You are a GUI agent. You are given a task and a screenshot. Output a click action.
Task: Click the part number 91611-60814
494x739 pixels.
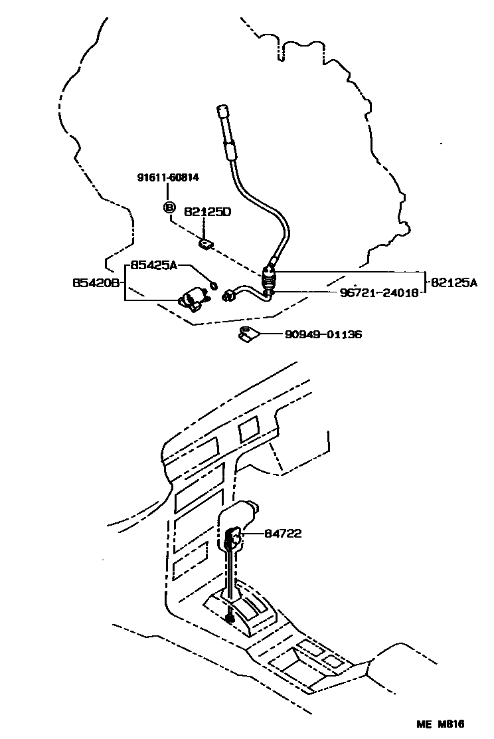[x=169, y=177]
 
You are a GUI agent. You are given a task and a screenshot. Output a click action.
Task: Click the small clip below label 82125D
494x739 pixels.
[x=206, y=244]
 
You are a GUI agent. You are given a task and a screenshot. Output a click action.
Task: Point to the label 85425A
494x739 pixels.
[x=153, y=264]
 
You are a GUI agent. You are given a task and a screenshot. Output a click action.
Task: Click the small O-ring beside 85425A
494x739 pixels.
[x=212, y=286]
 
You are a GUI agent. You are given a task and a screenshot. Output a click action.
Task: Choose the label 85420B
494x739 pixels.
[x=96, y=282]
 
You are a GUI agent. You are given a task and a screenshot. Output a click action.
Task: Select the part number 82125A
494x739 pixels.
[x=454, y=282]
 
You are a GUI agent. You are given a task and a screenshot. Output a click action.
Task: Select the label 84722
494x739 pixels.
[x=284, y=533]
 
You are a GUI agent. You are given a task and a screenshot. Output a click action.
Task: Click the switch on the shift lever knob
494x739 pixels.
[x=234, y=534]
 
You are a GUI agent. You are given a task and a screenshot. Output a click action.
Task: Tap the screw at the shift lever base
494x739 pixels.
[x=230, y=618]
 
